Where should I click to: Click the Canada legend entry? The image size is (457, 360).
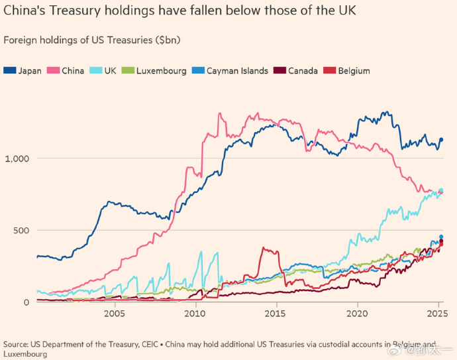[x=297, y=70]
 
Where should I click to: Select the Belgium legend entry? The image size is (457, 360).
[x=348, y=70]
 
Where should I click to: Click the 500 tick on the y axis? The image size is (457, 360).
[x=20, y=230]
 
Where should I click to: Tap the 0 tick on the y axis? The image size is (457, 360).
[x=26, y=302]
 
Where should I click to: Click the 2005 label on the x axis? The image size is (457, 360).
[x=115, y=314]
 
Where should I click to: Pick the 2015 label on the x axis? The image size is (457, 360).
[x=276, y=314]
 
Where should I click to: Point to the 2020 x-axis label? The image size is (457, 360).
[x=357, y=314]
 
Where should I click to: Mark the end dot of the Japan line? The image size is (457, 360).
[x=441, y=139]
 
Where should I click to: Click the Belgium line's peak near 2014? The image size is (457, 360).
[x=264, y=249]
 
